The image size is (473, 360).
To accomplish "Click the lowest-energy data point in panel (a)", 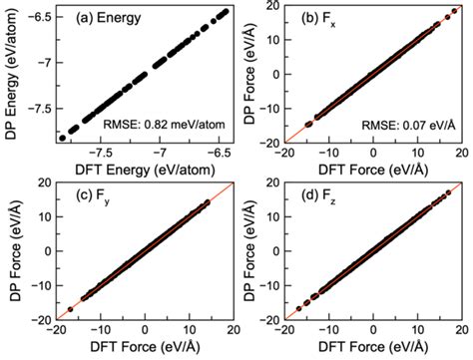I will pyautogui.click(x=64, y=138).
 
